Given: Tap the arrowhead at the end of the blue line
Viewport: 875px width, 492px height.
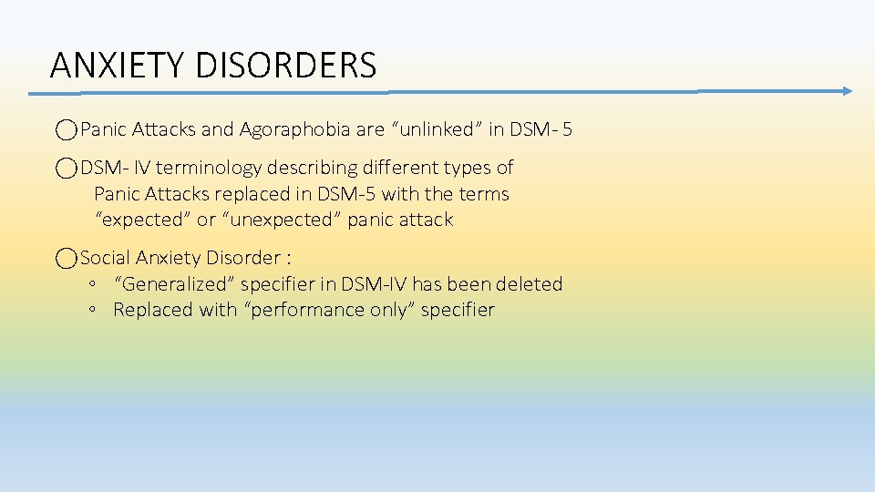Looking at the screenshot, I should [x=847, y=91].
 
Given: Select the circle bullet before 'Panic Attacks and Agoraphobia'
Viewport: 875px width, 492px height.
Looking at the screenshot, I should [x=66, y=130].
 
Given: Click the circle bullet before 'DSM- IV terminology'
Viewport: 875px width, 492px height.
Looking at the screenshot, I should [x=66, y=169].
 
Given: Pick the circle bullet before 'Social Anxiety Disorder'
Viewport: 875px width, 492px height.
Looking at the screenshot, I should [x=66, y=259].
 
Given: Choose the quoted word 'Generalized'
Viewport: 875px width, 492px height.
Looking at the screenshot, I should [x=174, y=284].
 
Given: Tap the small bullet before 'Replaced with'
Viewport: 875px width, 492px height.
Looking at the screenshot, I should [x=94, y=311].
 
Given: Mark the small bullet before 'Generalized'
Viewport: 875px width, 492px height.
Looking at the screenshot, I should [x=94, y=285].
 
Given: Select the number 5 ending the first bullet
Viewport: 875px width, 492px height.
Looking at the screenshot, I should [x=567, y=129].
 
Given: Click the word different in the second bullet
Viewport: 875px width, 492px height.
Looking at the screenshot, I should [x=389, y=168].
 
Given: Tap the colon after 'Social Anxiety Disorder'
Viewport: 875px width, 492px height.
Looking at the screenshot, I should [x=288, y=259].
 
